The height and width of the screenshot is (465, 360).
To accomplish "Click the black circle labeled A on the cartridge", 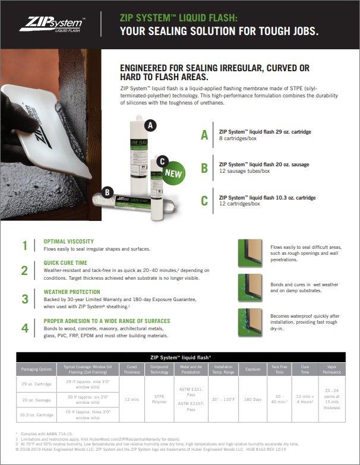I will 151,125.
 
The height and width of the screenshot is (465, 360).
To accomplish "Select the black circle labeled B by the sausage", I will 107,192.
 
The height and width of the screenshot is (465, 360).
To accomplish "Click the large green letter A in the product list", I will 204,135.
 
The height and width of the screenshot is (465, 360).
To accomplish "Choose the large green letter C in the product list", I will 204,200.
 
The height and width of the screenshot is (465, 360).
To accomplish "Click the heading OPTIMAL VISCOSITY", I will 68,242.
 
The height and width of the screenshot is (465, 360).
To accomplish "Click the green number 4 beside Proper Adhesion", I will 24,328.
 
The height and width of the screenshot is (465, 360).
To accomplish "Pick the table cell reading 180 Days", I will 253,399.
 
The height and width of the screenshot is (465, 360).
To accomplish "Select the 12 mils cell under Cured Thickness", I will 132,399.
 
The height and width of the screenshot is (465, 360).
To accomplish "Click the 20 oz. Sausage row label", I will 37,399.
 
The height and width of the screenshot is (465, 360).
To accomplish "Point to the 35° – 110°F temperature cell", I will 223,399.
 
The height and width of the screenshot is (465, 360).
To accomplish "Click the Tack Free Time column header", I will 279,369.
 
